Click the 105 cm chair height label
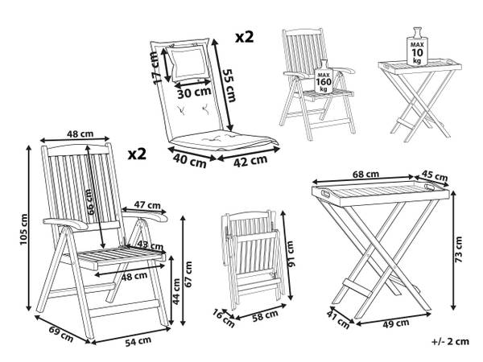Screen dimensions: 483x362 coord(24,229)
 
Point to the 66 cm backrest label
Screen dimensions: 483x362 coord(89,202)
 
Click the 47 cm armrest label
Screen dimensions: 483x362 coord(147,204)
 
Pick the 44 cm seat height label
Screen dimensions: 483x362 coord(176,291)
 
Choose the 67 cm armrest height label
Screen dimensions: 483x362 coord(188,274)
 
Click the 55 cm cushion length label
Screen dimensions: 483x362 coord(229,85)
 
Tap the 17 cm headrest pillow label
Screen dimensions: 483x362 coord(156,68)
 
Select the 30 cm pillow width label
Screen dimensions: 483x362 coord(194,93)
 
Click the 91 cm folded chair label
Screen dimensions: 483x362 coord(291,253)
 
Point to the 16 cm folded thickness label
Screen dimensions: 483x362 coord(224,318)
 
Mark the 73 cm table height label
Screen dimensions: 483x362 coord(459,249)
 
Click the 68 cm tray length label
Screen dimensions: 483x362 coord(365,175)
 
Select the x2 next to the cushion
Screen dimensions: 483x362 coord(245,37)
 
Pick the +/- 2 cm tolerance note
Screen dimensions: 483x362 coord(450,341)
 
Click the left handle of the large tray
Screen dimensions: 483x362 coord(325,194)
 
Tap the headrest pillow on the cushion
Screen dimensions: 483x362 coord(188,63)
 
